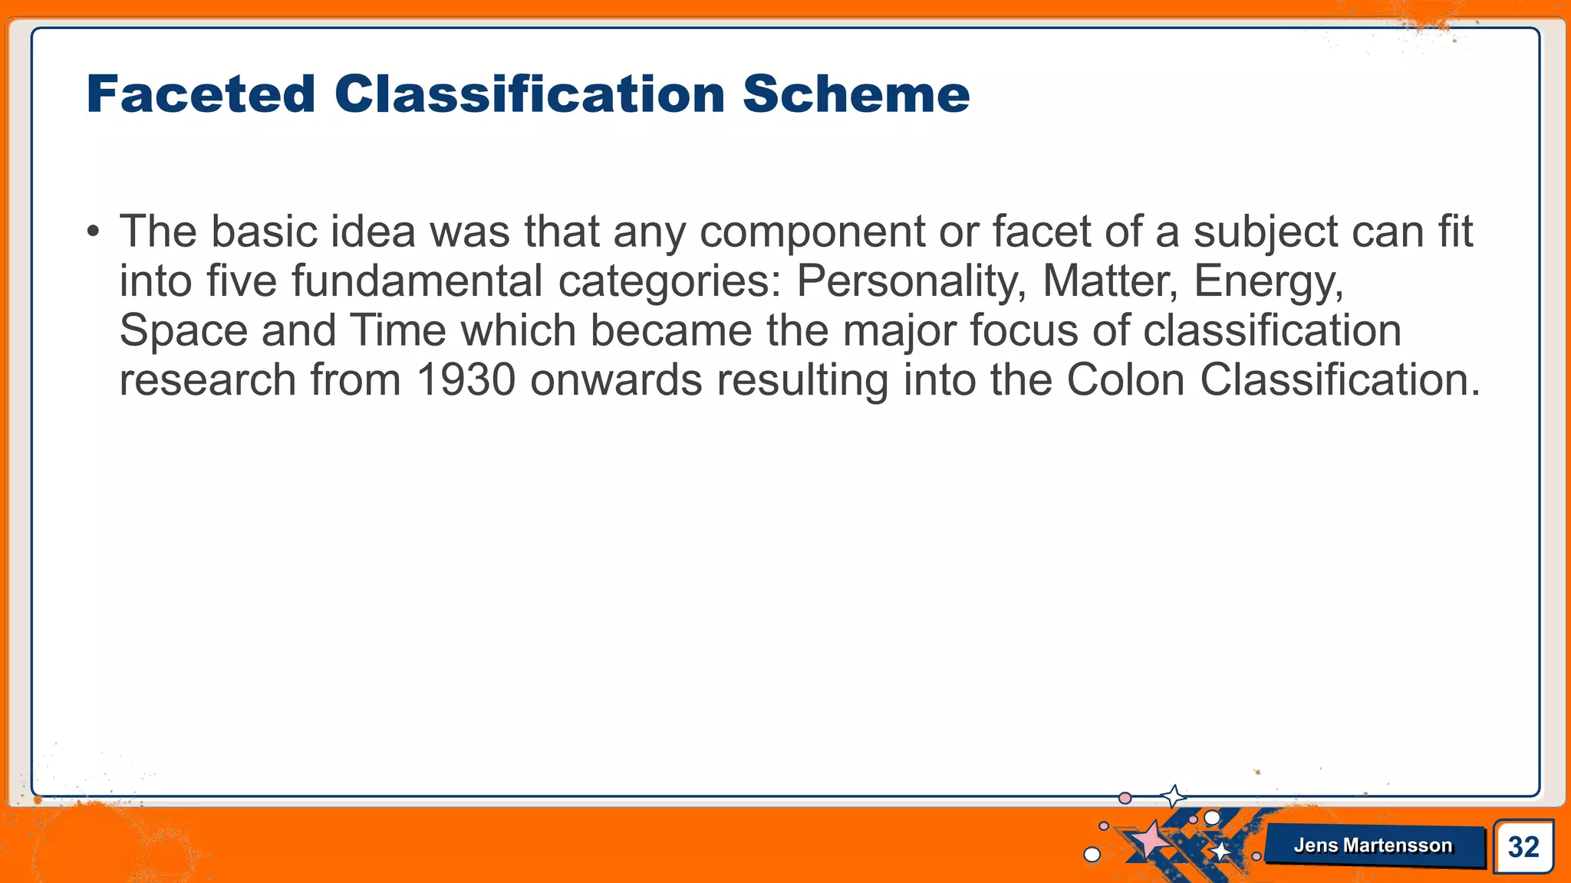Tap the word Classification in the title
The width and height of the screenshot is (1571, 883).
529,94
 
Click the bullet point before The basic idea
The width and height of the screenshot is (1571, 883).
93,231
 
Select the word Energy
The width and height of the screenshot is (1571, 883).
1268,282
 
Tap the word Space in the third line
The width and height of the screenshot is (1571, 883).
183,331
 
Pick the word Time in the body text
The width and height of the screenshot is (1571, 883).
398,330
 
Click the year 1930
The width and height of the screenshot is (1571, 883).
465,379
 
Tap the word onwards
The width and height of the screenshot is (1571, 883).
616,379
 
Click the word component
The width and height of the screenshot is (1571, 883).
812,232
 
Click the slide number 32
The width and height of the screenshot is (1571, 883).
1523,846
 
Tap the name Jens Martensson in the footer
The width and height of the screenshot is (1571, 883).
1372,845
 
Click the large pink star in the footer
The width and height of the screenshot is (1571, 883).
1151,839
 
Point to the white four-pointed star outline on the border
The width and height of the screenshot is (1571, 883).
1173,796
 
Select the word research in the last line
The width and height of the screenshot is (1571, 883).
207,379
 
